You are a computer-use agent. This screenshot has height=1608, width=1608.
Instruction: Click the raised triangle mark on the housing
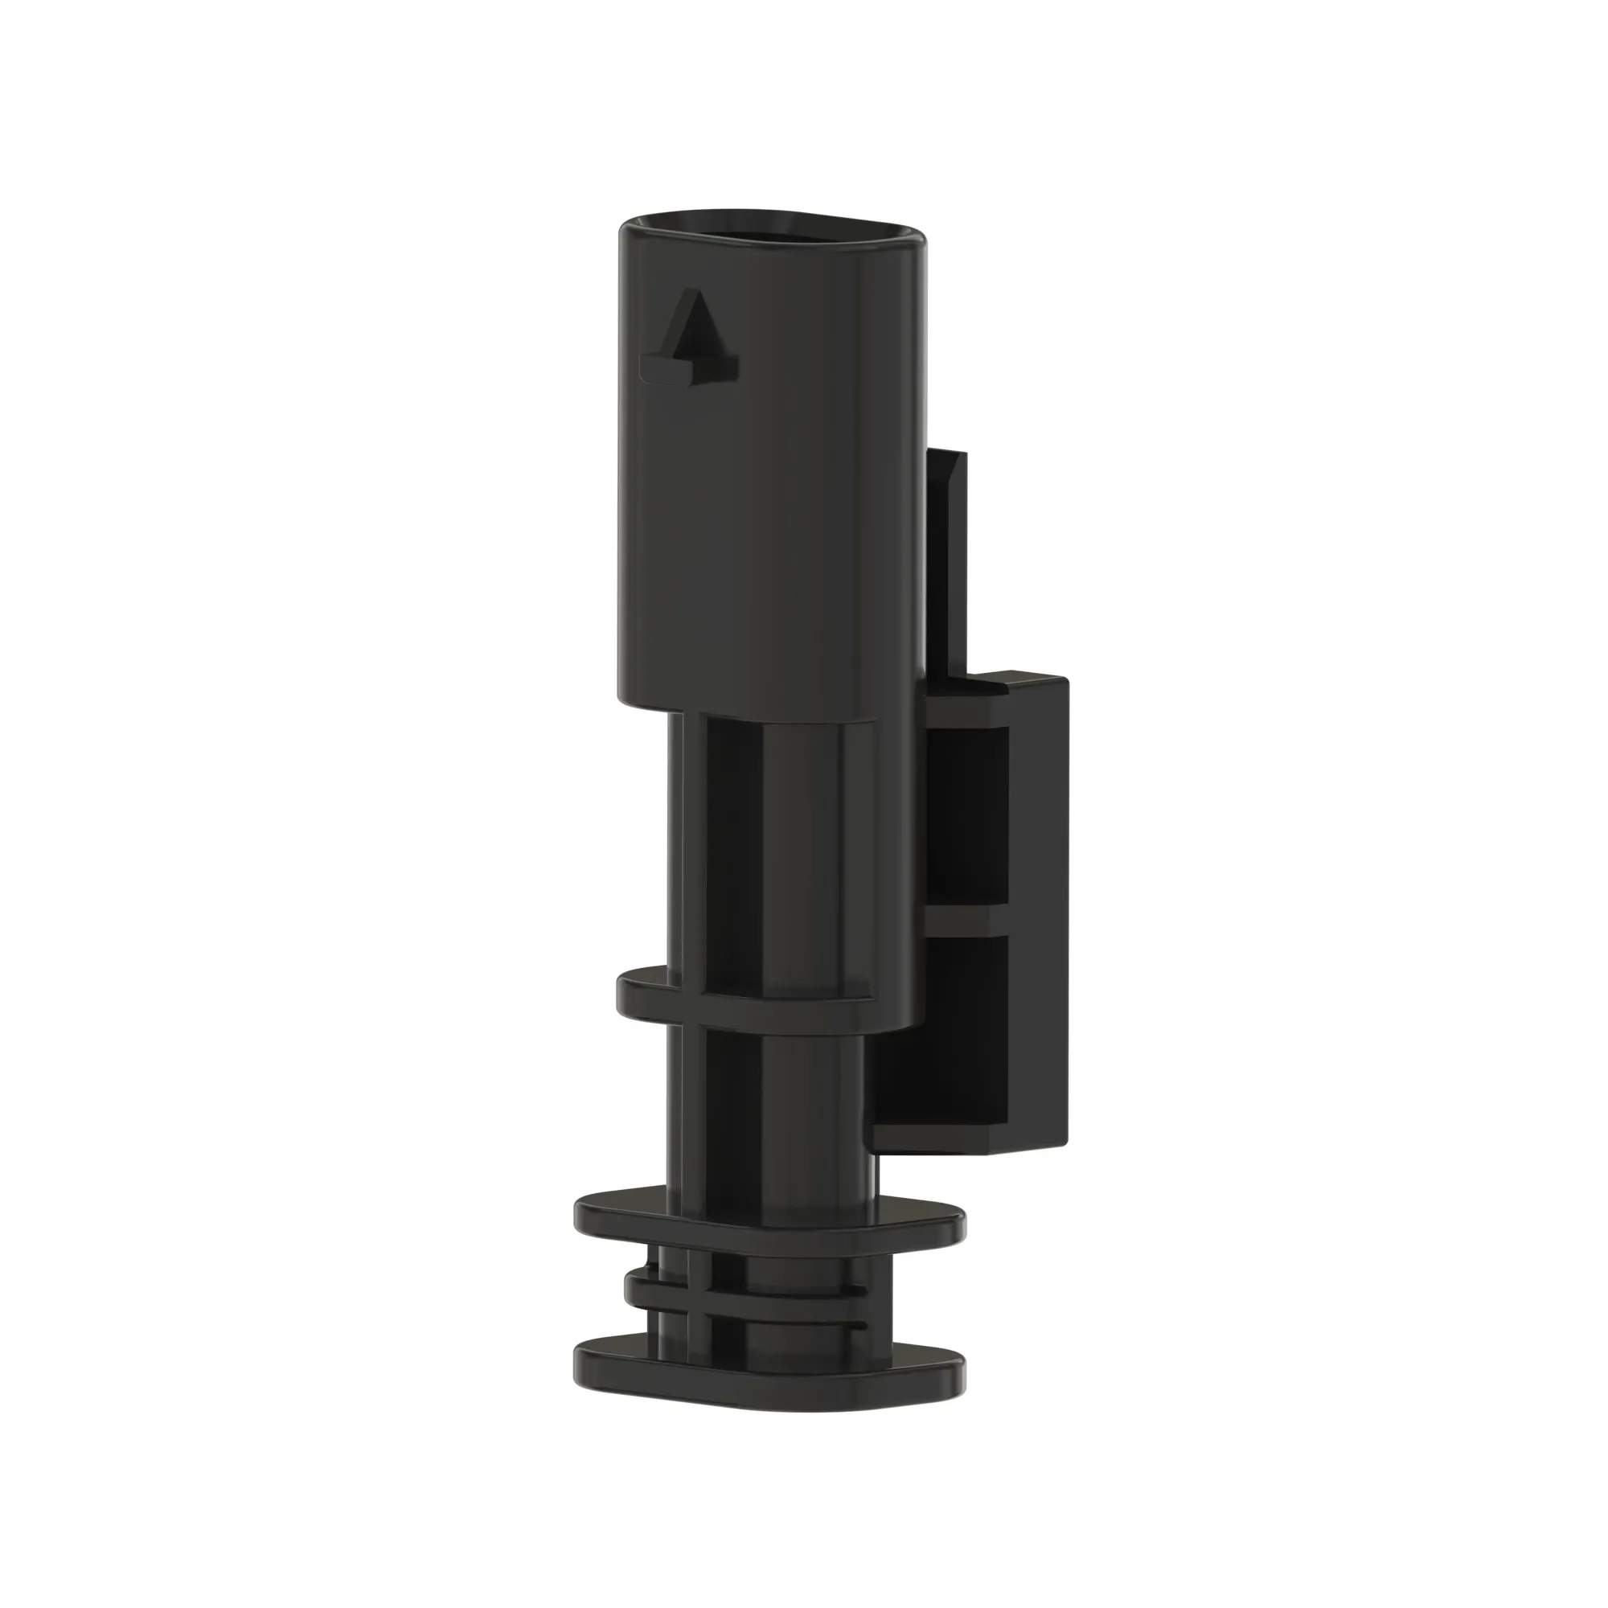coord(697,329)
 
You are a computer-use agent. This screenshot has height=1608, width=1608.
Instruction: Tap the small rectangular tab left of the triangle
coord(662,369)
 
